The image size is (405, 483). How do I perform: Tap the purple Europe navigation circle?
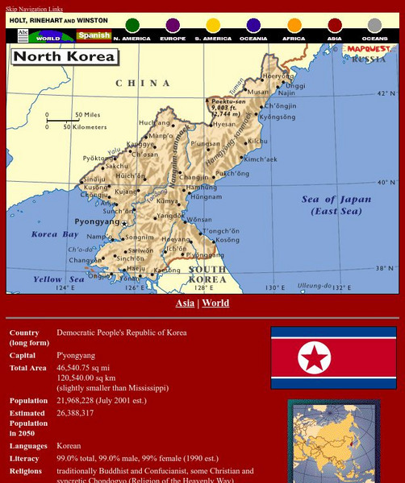pyautogui.click(x=173, y=26)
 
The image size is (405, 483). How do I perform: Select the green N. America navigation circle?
pyautogui.click(x=132, y=26)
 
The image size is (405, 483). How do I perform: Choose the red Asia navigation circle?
pyautogui.click(x=335, y=26)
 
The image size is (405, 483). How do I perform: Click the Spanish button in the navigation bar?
pyautogui.click(x=93, y=36)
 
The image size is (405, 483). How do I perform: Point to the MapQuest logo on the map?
pyautogui.click(x=367, y=49)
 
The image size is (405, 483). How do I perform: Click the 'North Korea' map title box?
pyautogui.click(x=64, y=57)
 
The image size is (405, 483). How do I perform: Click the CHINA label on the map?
pyautogui.click(x=143, y=83)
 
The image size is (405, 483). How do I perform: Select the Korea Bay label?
pyautogui.click(x=55, y=234)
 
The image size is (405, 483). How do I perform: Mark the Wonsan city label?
pyautogui.click(x=198, y=219)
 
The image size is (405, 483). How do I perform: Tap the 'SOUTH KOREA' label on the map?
pyautogui.click(x=207, y=275)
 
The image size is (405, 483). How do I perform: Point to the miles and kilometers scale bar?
pyautogui.click(x=71, y=121)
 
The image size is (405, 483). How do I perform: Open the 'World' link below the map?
pyautogui.click(x=215, y=303)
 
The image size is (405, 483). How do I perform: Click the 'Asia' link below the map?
pyautogui.click(x=185, y=303)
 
